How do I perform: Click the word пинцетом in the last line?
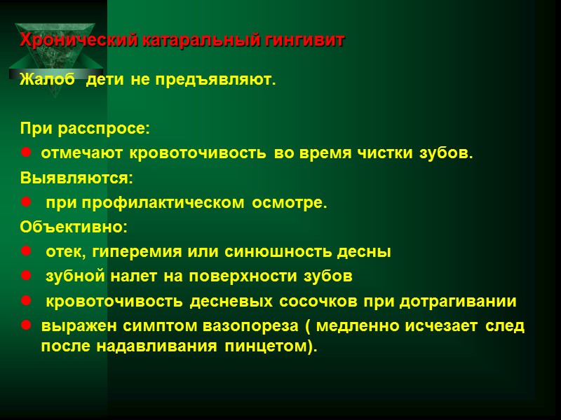(x=273, y=348)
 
